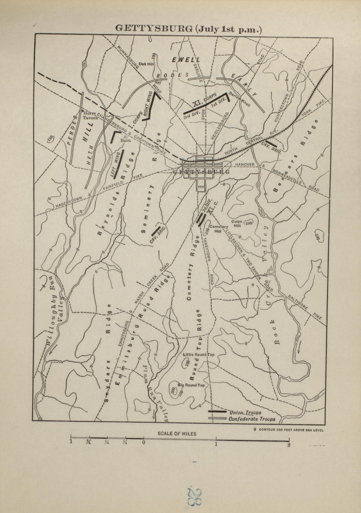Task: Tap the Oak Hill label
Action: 146,64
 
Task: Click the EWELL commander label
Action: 186,60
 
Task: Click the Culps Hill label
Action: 237,224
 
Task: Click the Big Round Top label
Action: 191,385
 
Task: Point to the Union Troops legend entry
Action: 245,412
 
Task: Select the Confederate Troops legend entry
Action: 252,419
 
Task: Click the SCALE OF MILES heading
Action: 177,434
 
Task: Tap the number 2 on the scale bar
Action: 289,445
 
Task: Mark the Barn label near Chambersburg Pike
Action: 123,140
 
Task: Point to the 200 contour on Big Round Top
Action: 173,390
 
